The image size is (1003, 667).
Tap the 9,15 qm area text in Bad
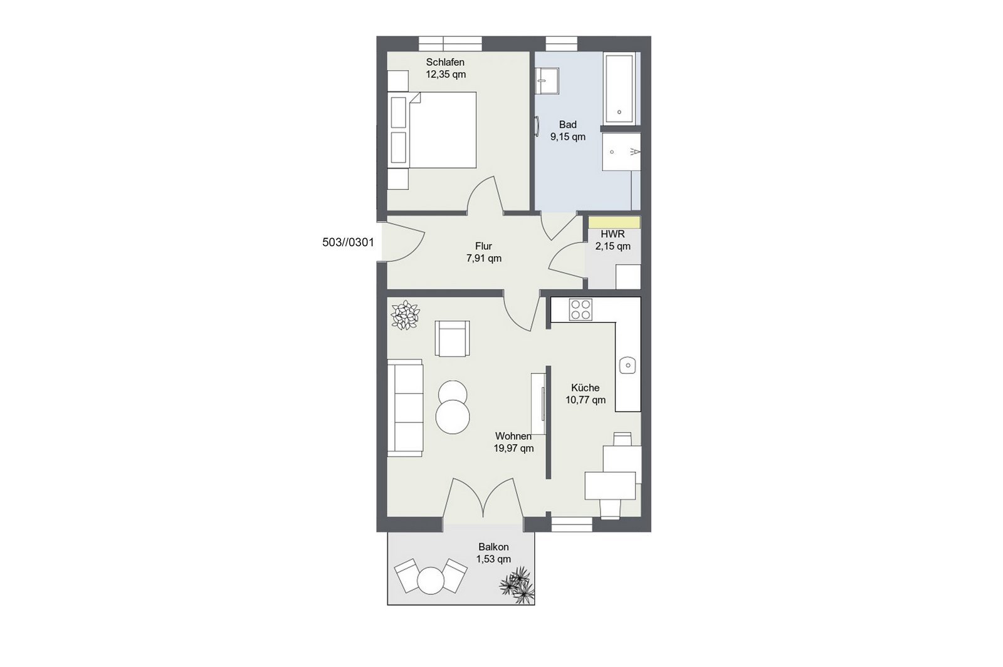pos(567,137)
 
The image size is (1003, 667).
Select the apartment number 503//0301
pos(348,242)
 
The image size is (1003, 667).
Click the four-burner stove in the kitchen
pos(580,309)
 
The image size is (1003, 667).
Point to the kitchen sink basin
pos(628,366)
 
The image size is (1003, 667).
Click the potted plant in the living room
pos(405,315)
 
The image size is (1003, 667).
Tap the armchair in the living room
pos(452,338)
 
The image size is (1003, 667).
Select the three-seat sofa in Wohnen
pos(405,408)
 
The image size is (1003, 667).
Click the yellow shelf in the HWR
pos(614,222)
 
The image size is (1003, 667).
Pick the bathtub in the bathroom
pos(619,88)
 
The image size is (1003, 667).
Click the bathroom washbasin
pos(547,81)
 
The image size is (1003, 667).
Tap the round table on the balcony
pos(431,580)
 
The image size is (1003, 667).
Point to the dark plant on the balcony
pos(518,585)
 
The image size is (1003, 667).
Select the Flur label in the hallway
pos(483,246)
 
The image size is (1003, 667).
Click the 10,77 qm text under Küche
pos(586,400)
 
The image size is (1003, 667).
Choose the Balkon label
pos(493,547)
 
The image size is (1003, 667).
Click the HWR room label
pos(612,234)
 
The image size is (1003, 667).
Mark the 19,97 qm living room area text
pos(513,448)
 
